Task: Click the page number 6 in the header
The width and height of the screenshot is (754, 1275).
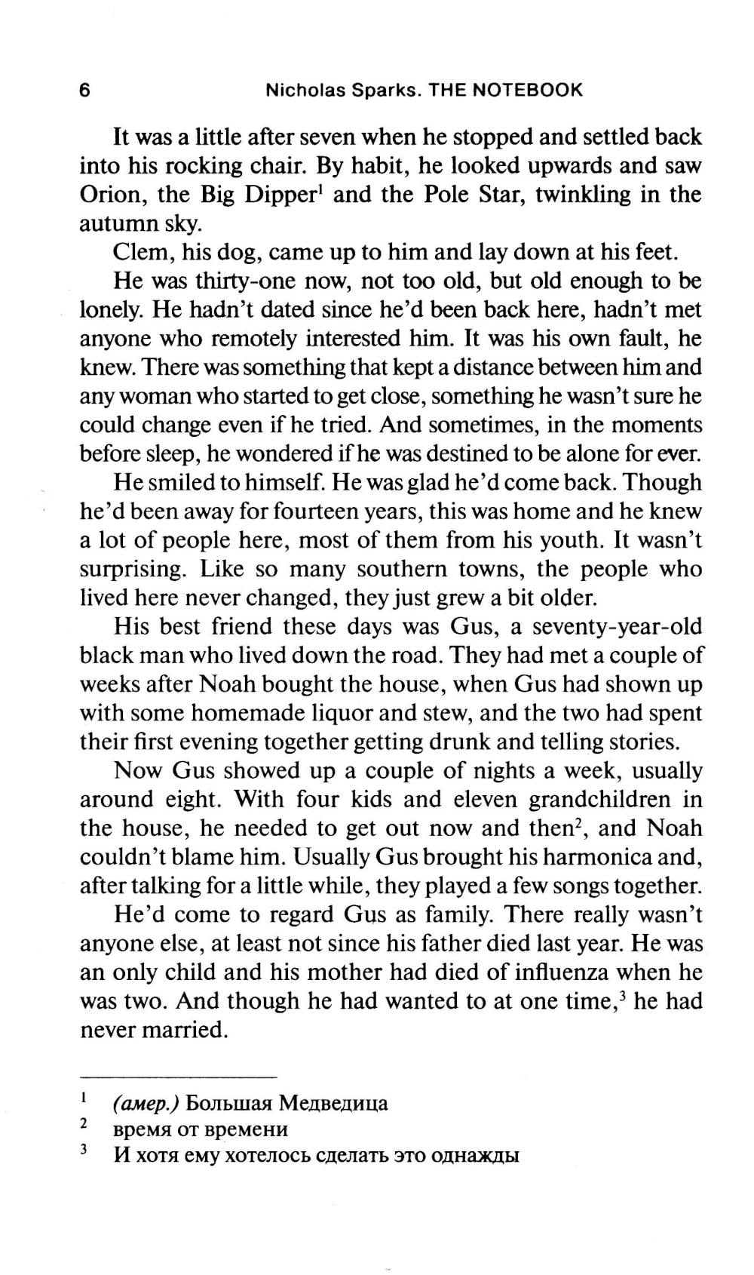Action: coord(84,91)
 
